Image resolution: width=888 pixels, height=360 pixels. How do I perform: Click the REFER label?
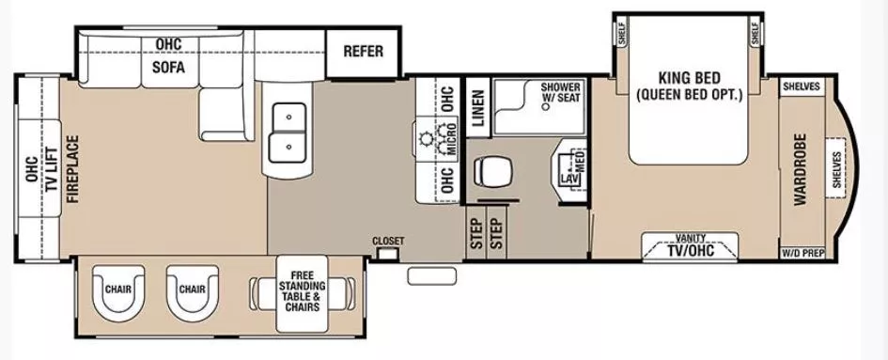(363, 51)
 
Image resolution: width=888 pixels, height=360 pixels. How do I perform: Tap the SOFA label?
(168, 68)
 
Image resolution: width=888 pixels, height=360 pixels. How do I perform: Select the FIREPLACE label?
(71, 169)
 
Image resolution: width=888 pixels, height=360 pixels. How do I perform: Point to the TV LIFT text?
(53, 169)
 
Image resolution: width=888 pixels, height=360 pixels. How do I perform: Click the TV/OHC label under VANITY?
(690, 251)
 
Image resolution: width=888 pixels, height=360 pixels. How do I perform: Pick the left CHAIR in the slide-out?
(118, 290)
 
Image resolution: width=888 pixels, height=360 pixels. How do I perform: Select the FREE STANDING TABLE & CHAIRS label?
(302, 290)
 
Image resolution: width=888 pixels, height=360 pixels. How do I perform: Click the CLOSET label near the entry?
(387, 242)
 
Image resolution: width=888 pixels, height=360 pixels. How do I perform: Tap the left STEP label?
(476, 232)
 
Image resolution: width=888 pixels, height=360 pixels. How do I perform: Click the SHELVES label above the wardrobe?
(801, 86)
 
